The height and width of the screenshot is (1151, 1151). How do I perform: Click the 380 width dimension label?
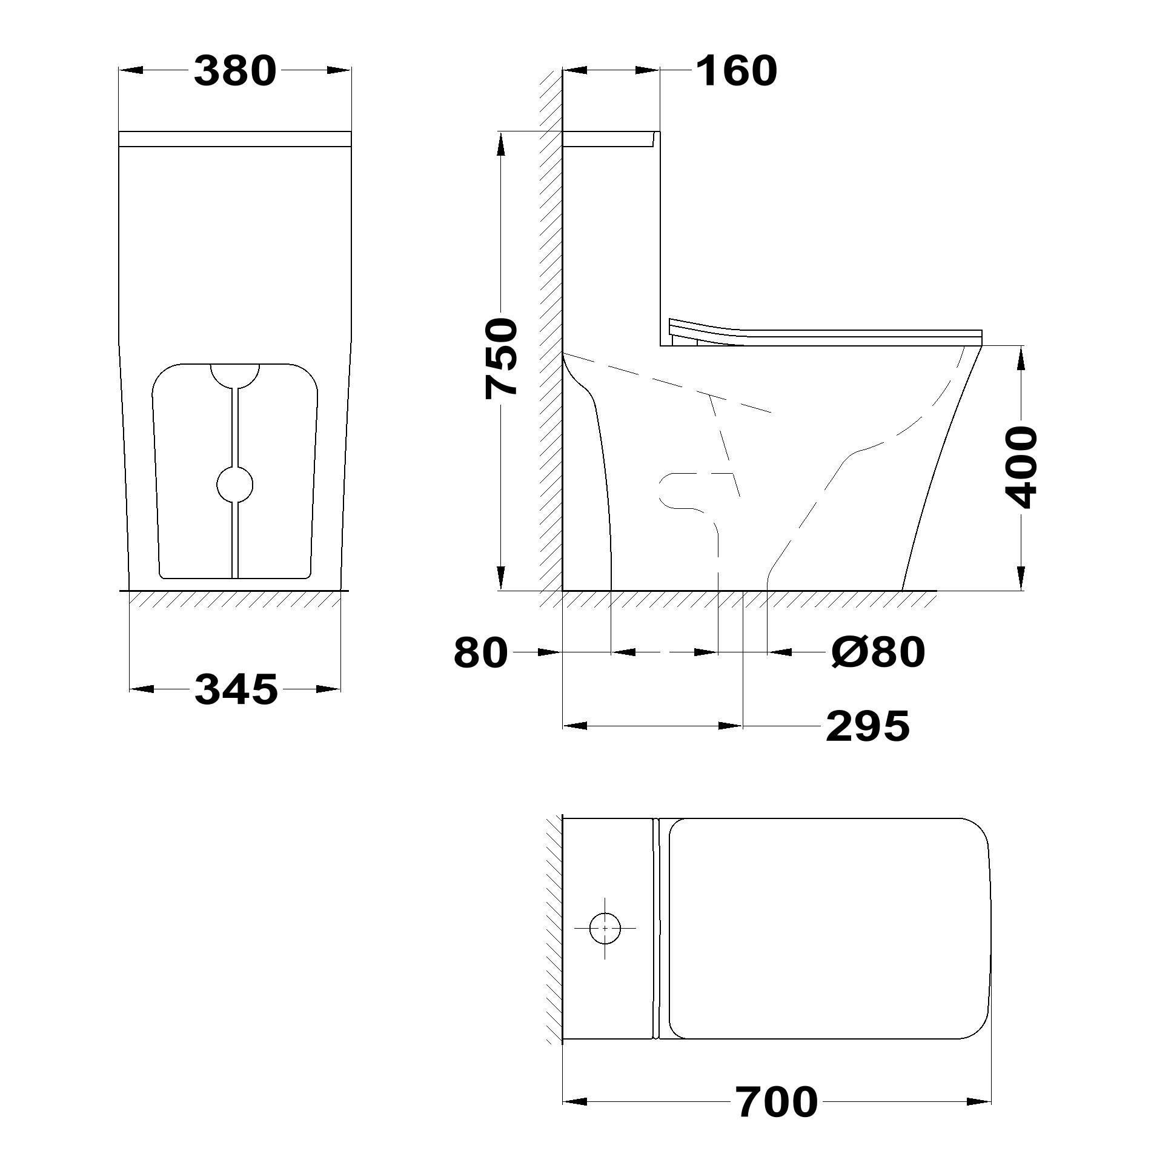(x=235, y=70)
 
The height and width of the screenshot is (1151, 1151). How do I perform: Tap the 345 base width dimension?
(x=236, y=689)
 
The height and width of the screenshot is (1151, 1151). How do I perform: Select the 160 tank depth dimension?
(x=736, y=70)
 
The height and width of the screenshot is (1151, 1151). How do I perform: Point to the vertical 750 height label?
(x=502, y=359)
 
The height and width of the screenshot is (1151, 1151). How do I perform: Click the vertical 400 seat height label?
(x=1021, y=467)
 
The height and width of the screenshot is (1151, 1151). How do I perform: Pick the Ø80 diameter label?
(x=878, y=652)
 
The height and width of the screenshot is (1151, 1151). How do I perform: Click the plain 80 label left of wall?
(x=480, y=652)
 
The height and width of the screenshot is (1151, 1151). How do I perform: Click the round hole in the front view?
(x=235, y=485)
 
